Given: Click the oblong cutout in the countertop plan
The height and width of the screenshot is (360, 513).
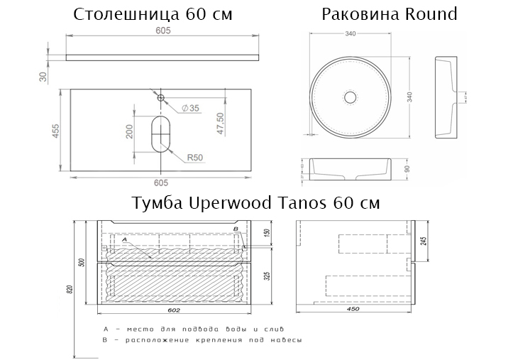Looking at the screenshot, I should (161, 133).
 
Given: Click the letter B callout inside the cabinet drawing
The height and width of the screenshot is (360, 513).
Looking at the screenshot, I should (235, 229).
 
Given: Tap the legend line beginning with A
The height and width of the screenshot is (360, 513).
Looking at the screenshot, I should (194, 329).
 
